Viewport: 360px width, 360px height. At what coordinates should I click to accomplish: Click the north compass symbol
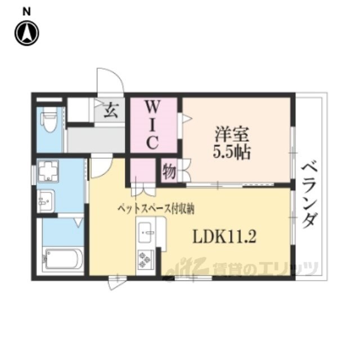[x=27, y=33]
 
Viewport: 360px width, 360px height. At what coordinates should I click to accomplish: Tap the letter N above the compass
[x=26, y=11]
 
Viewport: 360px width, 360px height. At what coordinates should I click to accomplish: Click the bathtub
[x=62, y=259]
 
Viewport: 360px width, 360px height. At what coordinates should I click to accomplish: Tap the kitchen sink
[x=146, y=232]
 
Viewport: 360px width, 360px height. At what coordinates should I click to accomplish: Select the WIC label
[x=152, y=125]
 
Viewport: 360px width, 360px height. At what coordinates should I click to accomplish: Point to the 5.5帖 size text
[x=232, y=152]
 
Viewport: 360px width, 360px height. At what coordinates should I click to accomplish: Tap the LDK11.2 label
[x=224, y=237]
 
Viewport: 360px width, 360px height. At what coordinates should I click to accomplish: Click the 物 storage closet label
[x=169, y=171]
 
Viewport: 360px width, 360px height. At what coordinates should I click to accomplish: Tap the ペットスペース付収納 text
[x=156, y=209]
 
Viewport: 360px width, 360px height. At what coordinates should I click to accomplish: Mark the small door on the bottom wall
[x=117, y=282]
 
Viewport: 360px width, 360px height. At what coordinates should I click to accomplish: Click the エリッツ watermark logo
[x=243, y=268]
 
